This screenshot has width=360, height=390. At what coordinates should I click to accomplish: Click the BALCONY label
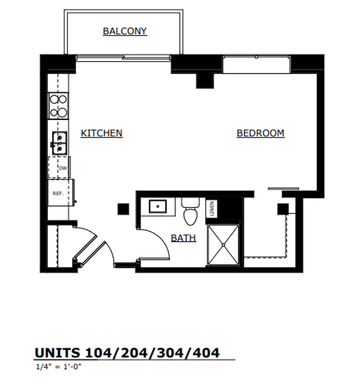(x=125, y=31)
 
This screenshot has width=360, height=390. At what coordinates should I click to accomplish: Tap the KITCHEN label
(x=101, y=133)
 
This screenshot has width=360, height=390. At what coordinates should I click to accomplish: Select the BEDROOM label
(x=260, y=133)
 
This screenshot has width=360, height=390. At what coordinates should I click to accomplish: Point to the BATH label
(x=183, y=238)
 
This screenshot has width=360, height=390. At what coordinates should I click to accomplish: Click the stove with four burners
(x=58, y=106)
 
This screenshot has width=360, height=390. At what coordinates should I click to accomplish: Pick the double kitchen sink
(x=59, y=143)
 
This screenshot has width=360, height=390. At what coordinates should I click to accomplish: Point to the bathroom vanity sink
(x=158, y=207)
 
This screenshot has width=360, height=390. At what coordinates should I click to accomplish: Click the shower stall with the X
(x=223, y=245)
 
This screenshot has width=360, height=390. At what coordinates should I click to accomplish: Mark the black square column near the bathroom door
(x=123, y=209)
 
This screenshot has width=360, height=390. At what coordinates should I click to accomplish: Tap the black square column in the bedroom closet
(x=282, y=209)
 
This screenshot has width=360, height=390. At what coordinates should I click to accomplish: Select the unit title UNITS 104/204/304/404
(x=127, y=352)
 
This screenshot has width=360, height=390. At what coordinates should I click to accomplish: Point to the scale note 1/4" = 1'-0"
(x=58, y=367)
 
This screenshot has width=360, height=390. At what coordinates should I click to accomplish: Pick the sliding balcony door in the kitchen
(x=123, y=57)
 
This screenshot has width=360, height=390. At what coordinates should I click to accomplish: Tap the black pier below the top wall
(x=205, y=80)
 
